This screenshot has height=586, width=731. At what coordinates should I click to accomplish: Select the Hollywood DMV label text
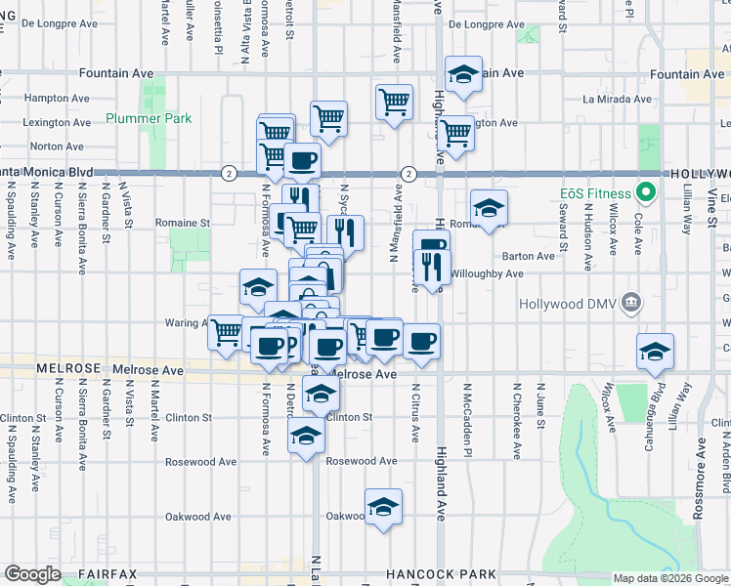(x=571, y=303)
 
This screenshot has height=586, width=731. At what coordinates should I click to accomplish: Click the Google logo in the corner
(x=32, y=574)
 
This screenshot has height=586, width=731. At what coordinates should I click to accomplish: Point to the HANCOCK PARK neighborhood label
(x=441, y=574)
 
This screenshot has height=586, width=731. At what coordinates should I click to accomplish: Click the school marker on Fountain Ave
(x=463, y=73)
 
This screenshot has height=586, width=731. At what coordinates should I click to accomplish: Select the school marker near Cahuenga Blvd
(x=655, y=352)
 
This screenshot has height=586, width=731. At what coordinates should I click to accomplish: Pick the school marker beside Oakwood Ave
(x=383, y=507)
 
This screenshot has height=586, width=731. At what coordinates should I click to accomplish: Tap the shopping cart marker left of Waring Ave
(x=227, y=332)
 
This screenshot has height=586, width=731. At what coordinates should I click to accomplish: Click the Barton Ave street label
(x=528, y=256)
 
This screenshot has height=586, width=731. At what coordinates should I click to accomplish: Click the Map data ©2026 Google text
(x=669, y=578)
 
